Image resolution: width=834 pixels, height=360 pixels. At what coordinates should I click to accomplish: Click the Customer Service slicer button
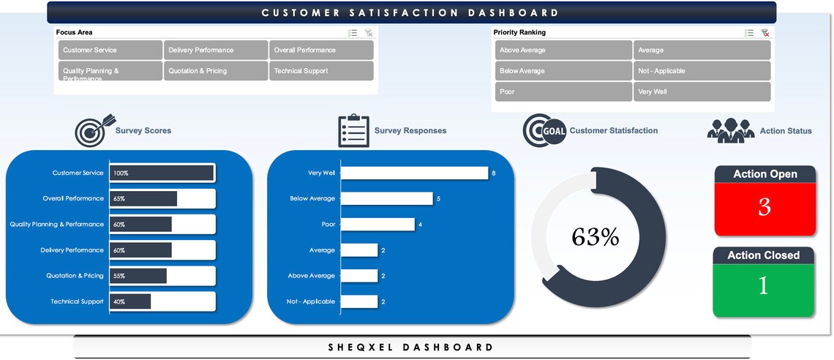point(110,50)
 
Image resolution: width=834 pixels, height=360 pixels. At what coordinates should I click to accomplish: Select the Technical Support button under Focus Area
point(322,71)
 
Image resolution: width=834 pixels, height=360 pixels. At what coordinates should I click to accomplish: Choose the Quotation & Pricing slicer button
point(216,71)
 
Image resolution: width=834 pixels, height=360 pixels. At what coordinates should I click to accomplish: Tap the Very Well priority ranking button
point(702,91)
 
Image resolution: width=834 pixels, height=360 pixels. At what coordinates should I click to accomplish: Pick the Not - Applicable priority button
point(702,71)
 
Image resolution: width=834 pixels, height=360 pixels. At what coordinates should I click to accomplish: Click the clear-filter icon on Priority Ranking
point(765,33)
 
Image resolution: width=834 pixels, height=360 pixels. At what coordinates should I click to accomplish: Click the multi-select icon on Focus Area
point(353,33)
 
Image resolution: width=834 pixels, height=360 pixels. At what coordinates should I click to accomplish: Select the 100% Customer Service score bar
point(162,173)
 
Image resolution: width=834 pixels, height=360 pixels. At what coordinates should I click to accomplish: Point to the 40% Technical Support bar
point(130,301)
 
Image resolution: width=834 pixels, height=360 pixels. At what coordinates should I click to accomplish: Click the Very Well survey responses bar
point(414,173)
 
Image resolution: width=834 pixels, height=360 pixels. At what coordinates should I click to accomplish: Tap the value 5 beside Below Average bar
point(438,199)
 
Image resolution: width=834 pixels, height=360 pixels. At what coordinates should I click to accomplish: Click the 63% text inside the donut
point(595,237)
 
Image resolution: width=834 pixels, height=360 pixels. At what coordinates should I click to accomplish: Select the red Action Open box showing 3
point(764,208)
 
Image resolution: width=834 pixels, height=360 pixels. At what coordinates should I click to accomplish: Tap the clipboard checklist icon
point(353,130)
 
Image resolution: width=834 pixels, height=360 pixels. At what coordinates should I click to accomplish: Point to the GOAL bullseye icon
point(544,131)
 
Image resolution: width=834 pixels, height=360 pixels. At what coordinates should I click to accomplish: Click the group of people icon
point(730,130)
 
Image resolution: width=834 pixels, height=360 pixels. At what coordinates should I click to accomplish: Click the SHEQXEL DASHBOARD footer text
point(411,347)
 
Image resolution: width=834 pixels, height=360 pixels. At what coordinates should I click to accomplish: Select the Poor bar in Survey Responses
point(377,225)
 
